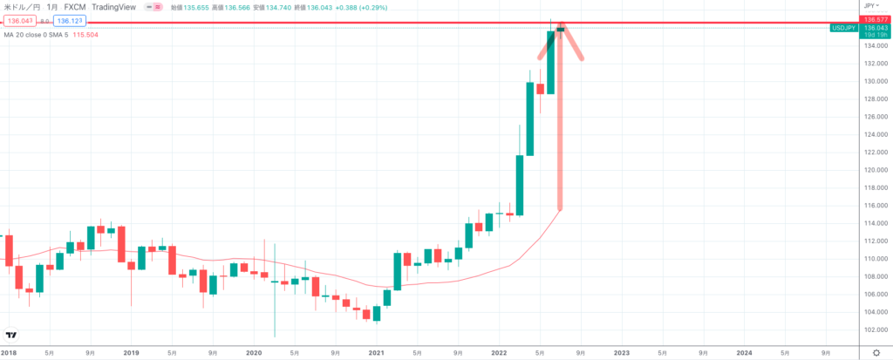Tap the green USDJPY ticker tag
click(844, 28)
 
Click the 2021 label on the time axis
click(376, 352)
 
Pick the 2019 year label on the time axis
click(131, 352)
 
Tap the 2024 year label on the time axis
click(744, 352)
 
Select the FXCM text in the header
click(76, 6)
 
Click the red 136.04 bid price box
click(20, 19)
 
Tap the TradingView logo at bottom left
click(11, 336)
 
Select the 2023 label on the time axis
click(621, 352)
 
